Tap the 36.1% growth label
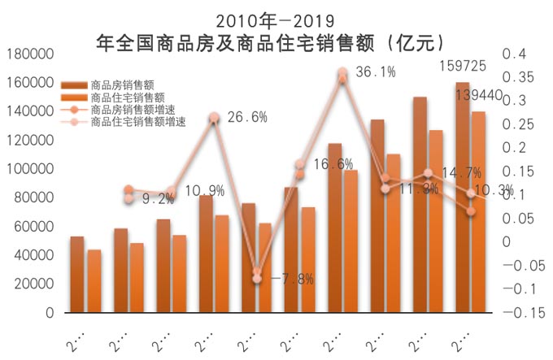pos(376,72)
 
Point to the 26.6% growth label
pos(247,117)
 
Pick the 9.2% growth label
pos(159,198)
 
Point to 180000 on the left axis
pos(29,54)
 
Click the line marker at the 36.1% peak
pos(342,72)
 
